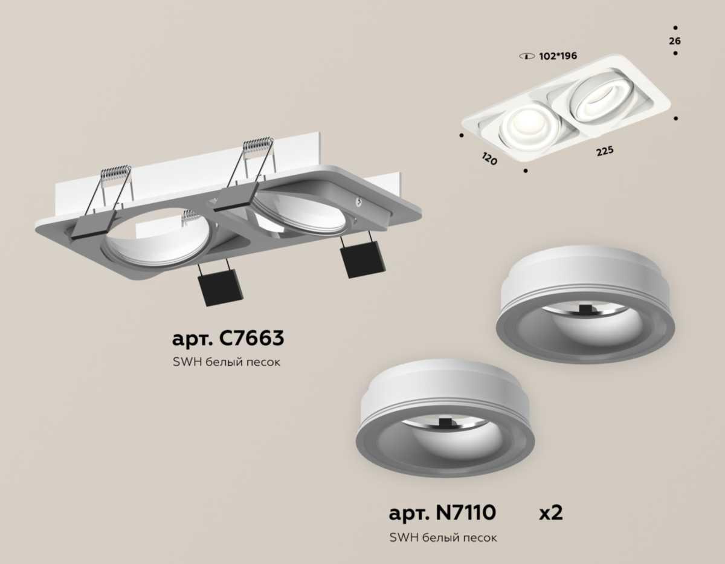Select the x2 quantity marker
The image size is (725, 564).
[x=550, y=513]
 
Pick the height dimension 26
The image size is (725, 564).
[x=675, y=41]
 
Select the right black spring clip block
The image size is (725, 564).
[x=362, y=259]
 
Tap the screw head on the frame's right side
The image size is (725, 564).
[x=359, y=203]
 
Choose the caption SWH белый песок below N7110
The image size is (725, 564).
[x=443, y=537]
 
